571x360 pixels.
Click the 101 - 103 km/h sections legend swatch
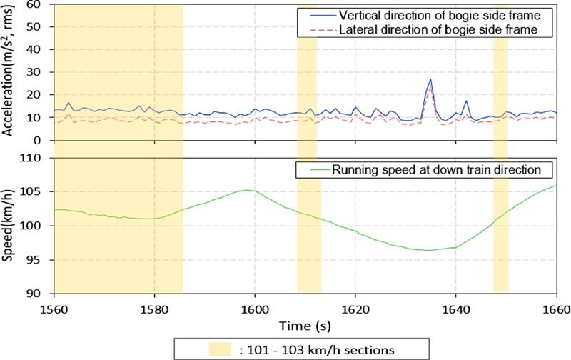[x=221, y=349]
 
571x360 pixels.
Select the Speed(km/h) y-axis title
[x=9, y=225]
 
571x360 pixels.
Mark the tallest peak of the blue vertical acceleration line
[x=431, y=80]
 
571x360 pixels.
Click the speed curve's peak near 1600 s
[x=247, y=190]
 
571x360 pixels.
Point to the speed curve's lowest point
[x=428, y=250]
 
